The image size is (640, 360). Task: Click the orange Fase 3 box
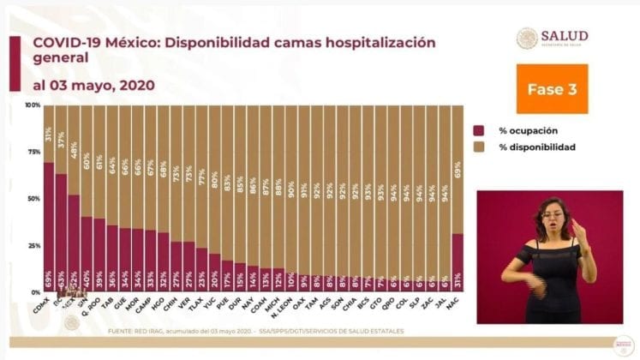tap(552, 88)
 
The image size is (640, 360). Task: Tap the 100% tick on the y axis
tap(33, 105)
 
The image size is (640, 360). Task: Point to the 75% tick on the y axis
tap(33, 152)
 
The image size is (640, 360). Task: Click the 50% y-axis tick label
tap(33, 199)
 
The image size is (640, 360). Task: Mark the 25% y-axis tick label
tap(33, 245)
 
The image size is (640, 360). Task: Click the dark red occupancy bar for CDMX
tap(49, 227)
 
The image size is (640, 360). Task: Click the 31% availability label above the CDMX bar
tap(49, 134)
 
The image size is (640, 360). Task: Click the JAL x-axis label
tap(443, 303)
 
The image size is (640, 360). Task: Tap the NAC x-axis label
tap(456, 303)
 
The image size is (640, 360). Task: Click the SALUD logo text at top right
tap(565, 35)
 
